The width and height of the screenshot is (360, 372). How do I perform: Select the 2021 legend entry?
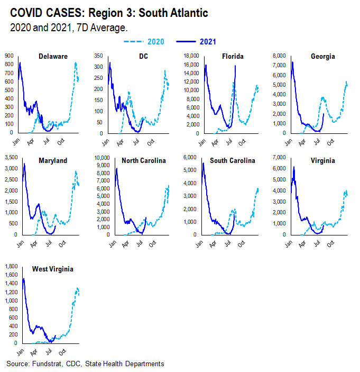(207, 42)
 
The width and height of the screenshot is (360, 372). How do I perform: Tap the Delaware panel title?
(53, 57)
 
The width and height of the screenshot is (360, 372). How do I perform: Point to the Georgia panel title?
(323, 57)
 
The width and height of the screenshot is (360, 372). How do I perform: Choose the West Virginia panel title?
(52, 269)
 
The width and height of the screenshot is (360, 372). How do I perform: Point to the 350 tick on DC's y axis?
(100, 55)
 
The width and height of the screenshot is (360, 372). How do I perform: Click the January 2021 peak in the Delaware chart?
(20, 63)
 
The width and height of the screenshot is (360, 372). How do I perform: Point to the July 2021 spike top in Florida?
(235, 66)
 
